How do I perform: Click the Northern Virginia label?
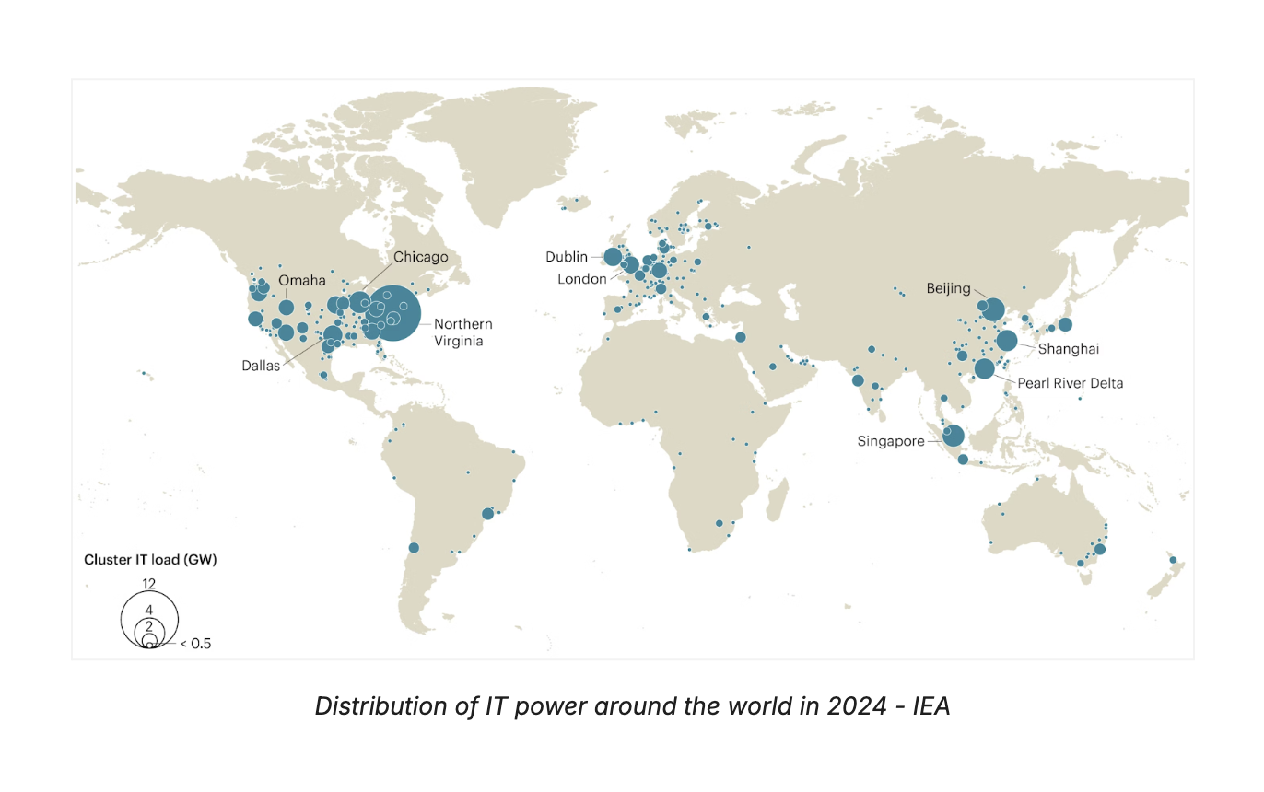pyautogui.click(x=462, y=332)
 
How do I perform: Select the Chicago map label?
pyautogui.click(x=421, y=257)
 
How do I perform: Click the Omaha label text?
pyautogui.click(x=302, y=280)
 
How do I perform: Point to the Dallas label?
pyautogui.click(x=261, y=366)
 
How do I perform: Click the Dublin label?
pyautogui.click(x=566, y=257)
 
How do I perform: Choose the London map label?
pyautogui.click(x=582, y=279)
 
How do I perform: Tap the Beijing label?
pyautogui.click(x=949, y=288)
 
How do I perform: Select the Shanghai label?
pyautogui.click(x=1069, y=349)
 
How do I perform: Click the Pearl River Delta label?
pyautogui.click(x=1071, y=383)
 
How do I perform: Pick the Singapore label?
pyautogui.click(x=891, y=441)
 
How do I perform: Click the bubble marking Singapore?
pyautogui.click(x=953, y=436)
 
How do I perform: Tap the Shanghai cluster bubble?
pyautogui.click(x=1006, y=341)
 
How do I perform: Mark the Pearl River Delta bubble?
pyautogui.click(x=984, y=368)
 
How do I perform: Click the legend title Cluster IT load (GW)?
pyautogui.click(x=150, y=559)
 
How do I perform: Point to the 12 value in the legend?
pyautogui.click(x=148, y=583)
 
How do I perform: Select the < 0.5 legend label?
pyautogui.click(x=195, y=644)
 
